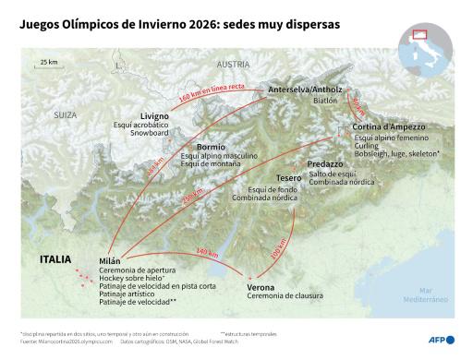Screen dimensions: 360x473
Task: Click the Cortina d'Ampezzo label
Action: (x=388, y=126)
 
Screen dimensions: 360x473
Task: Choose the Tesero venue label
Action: (x=289, y=178)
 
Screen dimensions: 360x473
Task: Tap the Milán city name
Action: (x=110, y=261)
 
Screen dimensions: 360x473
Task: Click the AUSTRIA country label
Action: (x=233, y=65)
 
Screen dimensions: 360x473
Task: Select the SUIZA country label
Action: (x=65, y=115)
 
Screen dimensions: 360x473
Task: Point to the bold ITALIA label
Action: (x=55, y=259)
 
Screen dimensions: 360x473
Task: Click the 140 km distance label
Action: (x=204, y=251)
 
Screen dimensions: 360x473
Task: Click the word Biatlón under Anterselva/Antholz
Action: (x=325, y=101)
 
